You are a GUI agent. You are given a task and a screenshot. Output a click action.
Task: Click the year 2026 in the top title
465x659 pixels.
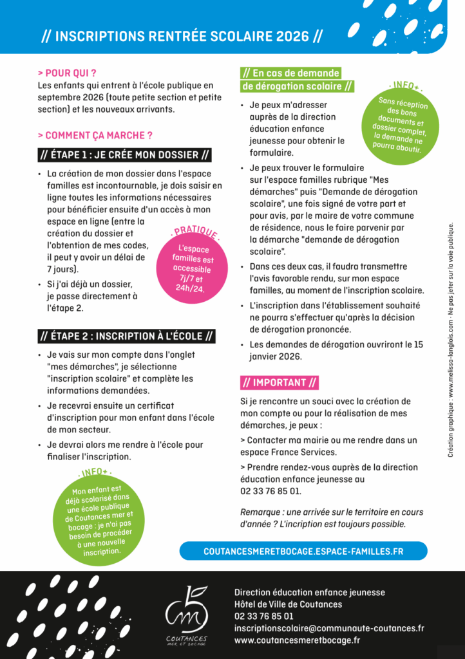[x=292, y=36]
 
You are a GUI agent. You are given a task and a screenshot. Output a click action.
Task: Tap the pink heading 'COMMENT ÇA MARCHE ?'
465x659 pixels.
[x=95, y=136]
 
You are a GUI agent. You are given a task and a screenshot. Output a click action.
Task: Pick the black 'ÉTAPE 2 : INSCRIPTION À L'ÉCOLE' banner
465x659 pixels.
[x=126, y=336]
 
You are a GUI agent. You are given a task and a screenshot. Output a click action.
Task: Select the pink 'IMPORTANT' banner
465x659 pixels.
[x=279, y=382]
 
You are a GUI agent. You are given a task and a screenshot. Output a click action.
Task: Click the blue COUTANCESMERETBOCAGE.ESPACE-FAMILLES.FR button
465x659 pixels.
[x=303, y=551]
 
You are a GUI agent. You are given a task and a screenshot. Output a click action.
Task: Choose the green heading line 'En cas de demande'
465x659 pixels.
[x=290, y=73]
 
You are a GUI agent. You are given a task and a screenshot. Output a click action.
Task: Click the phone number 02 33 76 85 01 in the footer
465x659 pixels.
[x=264, y=616]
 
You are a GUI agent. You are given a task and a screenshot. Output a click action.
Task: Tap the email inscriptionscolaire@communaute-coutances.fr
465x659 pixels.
[x=329, y=628]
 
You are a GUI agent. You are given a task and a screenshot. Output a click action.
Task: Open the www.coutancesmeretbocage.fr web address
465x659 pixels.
[x=297, y=640]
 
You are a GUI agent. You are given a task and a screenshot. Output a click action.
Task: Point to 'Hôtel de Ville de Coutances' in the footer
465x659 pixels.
[x=288, y=604]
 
